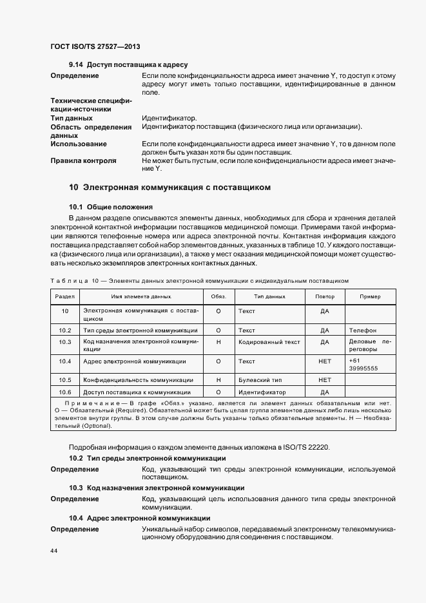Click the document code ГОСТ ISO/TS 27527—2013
tap(95, 47)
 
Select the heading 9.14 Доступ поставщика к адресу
tap(128, 65)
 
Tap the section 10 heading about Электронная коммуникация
tap(169, 187)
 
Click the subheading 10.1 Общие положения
tap(110, 207)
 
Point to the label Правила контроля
tap(83, 160)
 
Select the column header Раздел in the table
tap(65, 297)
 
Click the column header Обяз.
tap(218, 297)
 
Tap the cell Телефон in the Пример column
tap(362, 330)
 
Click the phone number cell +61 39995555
tap(362, 365)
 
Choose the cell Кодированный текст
tap(269, 341)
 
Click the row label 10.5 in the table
tap(65, 380)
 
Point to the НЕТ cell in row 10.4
tap(324, 361)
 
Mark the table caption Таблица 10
tap(199, 281)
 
